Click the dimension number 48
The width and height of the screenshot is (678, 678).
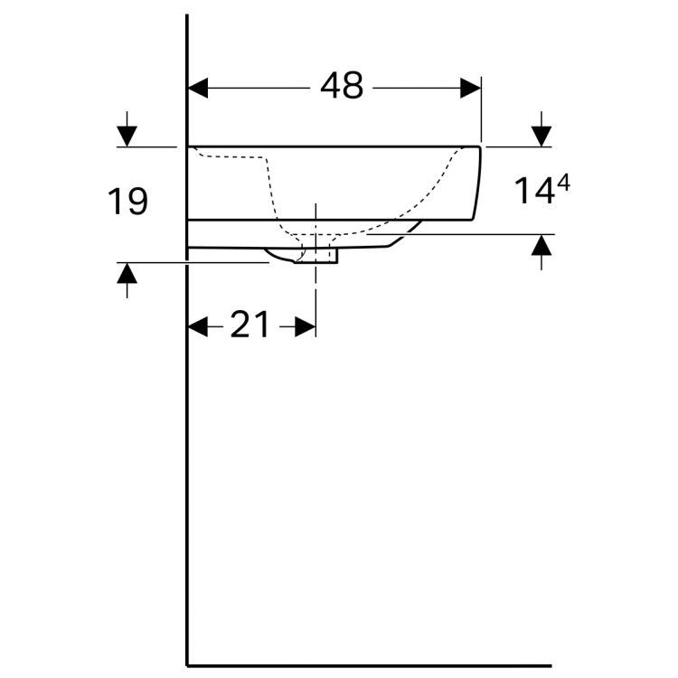tap(342, 86)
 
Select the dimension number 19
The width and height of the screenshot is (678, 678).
tap(127, 201)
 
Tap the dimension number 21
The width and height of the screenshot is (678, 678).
tap(250, 325)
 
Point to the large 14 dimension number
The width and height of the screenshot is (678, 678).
tap(534, 191)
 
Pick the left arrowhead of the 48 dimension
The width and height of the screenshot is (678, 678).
tap(198, 89)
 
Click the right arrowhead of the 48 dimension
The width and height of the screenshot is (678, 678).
tap(470, 89)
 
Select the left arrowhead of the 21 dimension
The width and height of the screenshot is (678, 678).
tap(198, 326)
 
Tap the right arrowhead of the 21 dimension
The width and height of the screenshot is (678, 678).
tap(306, 326)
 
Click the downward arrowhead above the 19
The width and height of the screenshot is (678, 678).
tap(127, 137)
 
